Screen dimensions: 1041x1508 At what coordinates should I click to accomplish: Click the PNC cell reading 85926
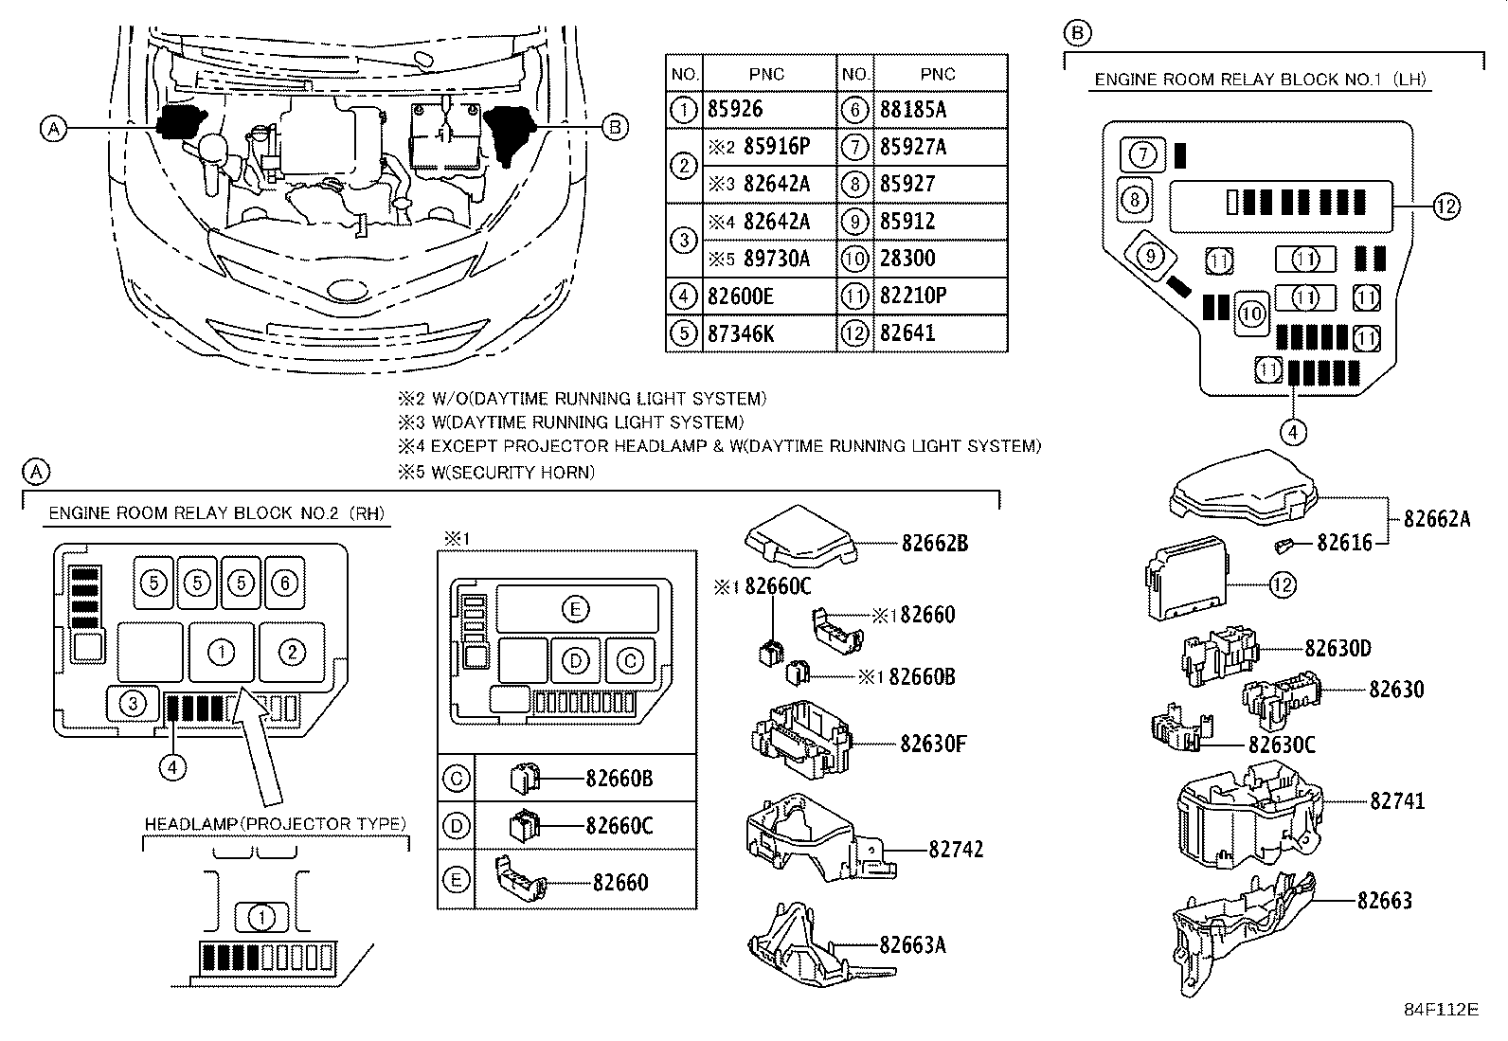pyautogui.click(x=735, y=110)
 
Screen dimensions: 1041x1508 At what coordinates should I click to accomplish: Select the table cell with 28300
pyautogui.click(x=907, y=259)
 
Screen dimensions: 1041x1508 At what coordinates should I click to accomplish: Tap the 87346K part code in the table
pyautogui.click(x=740, y=333)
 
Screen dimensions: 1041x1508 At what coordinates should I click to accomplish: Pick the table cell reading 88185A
pyautogui.click(x=912, y=110)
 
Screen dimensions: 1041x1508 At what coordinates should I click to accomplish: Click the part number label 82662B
pyautogui.click(x=934, y=544)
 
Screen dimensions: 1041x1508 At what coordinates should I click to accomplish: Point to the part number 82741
pyautogui.click(x=1397, y=801)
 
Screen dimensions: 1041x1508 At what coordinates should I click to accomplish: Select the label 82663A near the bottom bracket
pyautogui.click(x=912, y=945)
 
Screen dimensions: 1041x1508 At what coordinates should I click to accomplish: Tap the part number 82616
pyautogui.click(x=1344, y=543)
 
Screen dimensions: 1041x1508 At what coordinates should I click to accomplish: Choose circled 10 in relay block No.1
pyautogui.click(x=1252, y=314)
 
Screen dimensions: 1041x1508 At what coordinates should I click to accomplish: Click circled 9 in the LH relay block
pyautogui.click(x=1149, y=255)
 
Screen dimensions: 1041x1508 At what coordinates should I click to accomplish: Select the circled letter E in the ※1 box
pyautogui.click(x=575, y=609)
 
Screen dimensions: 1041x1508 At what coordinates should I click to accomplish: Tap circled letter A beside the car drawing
pyautogui.click(x=55, y=128)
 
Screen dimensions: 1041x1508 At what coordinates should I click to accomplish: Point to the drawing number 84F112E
pyautogui.click(x=1441, y=1009)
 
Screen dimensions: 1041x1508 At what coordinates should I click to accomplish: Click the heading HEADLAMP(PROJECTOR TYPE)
pyautogui.click(x=275, y=824)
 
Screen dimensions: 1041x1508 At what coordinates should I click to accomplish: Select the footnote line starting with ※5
pyautogui.click(x=496, y=472)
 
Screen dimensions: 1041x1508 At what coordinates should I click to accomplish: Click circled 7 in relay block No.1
pyautogui.click(x=1143, y=153)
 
